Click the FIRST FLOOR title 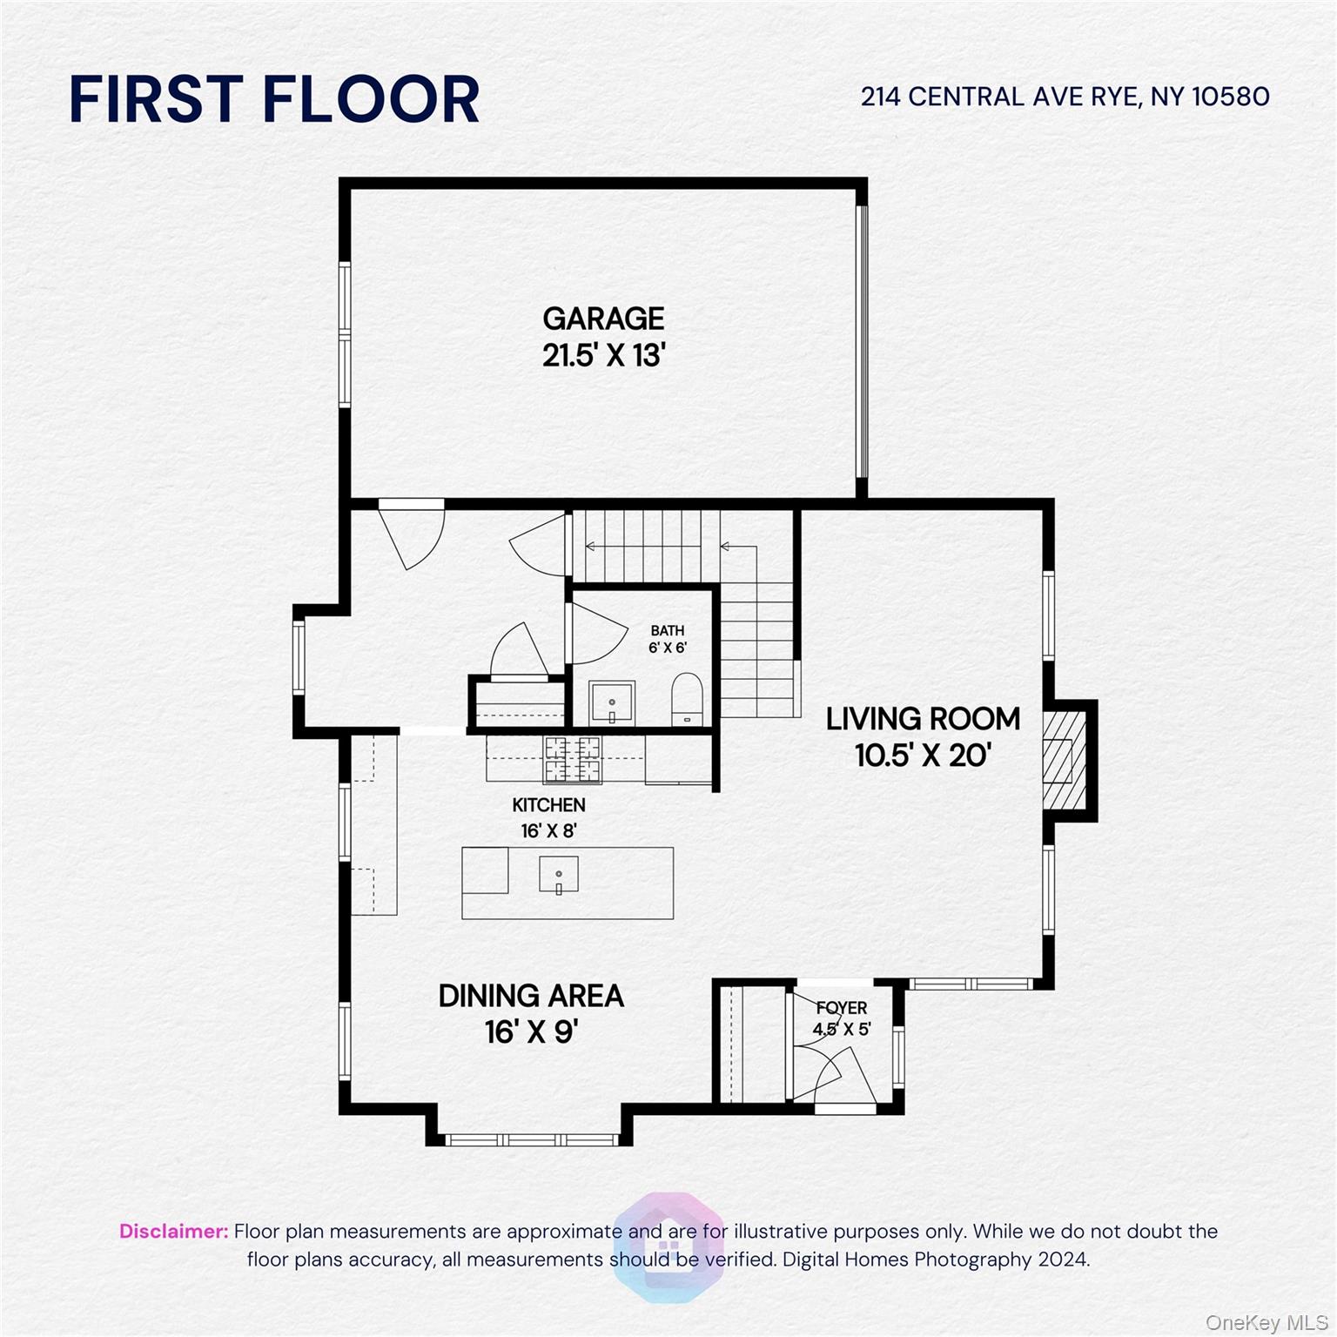[274, 99]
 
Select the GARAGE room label [603, 319]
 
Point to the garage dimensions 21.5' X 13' [603, 356]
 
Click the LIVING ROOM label [923, 719]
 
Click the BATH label [668, 630]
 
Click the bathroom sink [612, 702]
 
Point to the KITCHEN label [548, 805]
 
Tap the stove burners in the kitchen [572, 759]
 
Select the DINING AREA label [531, 996]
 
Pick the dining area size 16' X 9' [531, 1032]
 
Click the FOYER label [842, 1008]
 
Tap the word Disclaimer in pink [173, 1232]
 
